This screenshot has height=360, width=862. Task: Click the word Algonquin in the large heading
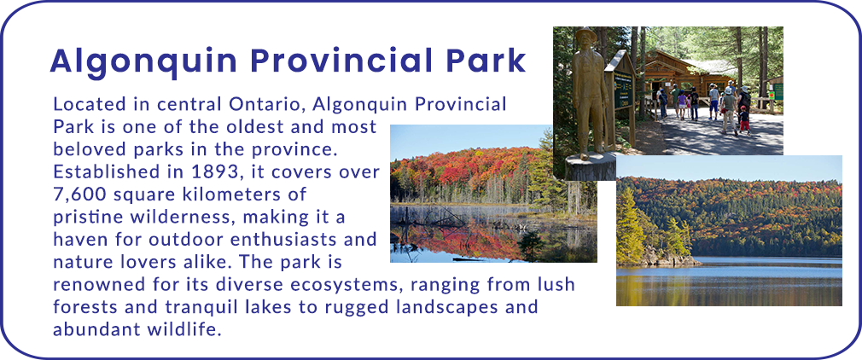(x=144, y=61)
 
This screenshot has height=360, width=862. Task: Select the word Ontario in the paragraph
(x=257, y=104)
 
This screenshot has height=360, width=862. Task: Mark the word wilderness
(x=178, y=217)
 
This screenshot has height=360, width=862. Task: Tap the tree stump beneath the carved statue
(x=591, y=166)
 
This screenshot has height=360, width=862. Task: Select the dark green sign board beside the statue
(x=623, y=88)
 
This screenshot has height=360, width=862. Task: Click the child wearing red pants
(x=744, y=119)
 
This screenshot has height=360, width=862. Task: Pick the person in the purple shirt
(x=682, y=105)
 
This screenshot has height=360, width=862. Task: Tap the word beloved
(x=87, y=149)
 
